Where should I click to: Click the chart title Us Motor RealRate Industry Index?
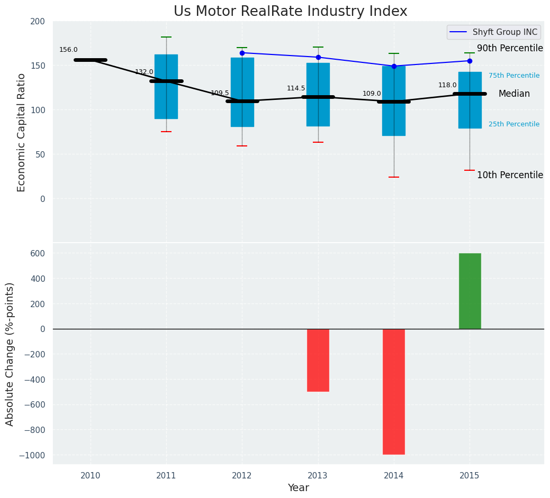pyautogui.click(x=290, y=12)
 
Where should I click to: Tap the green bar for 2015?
pyautogui.click(x=470, y=291)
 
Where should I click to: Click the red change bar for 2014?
pyautogui.click(x=394, y=391)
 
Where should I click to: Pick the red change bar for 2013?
pyautogui.click(x=318, y=360)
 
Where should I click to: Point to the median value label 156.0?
pyautogui.click(x=68, y=50)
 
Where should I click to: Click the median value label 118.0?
pyautogui.click(x=447, y=85)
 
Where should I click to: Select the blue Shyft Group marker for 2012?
pyautogui.click(x=242, y=53)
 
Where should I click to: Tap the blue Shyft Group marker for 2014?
pyautogui.click(x=394, y=66)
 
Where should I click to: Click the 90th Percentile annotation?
pyautogui.click(x=510, y=49)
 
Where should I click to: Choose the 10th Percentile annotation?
pyautogui.click(x=510, y=175)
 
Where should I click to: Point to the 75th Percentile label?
pyautogui.click(x=514, y=76)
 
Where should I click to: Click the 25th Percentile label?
pyautogui.click(x=514, y=124)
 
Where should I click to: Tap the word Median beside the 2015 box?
pyautogui.click(x=514, y=94)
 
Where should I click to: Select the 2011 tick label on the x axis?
pyautogui.click(x=166, y=476)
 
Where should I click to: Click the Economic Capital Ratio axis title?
pyautogui.click(x=21, y=132)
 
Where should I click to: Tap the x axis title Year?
pyautogui.click(x=299, y=488)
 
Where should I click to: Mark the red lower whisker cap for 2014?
pyautogui.click(x=394, y=177)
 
